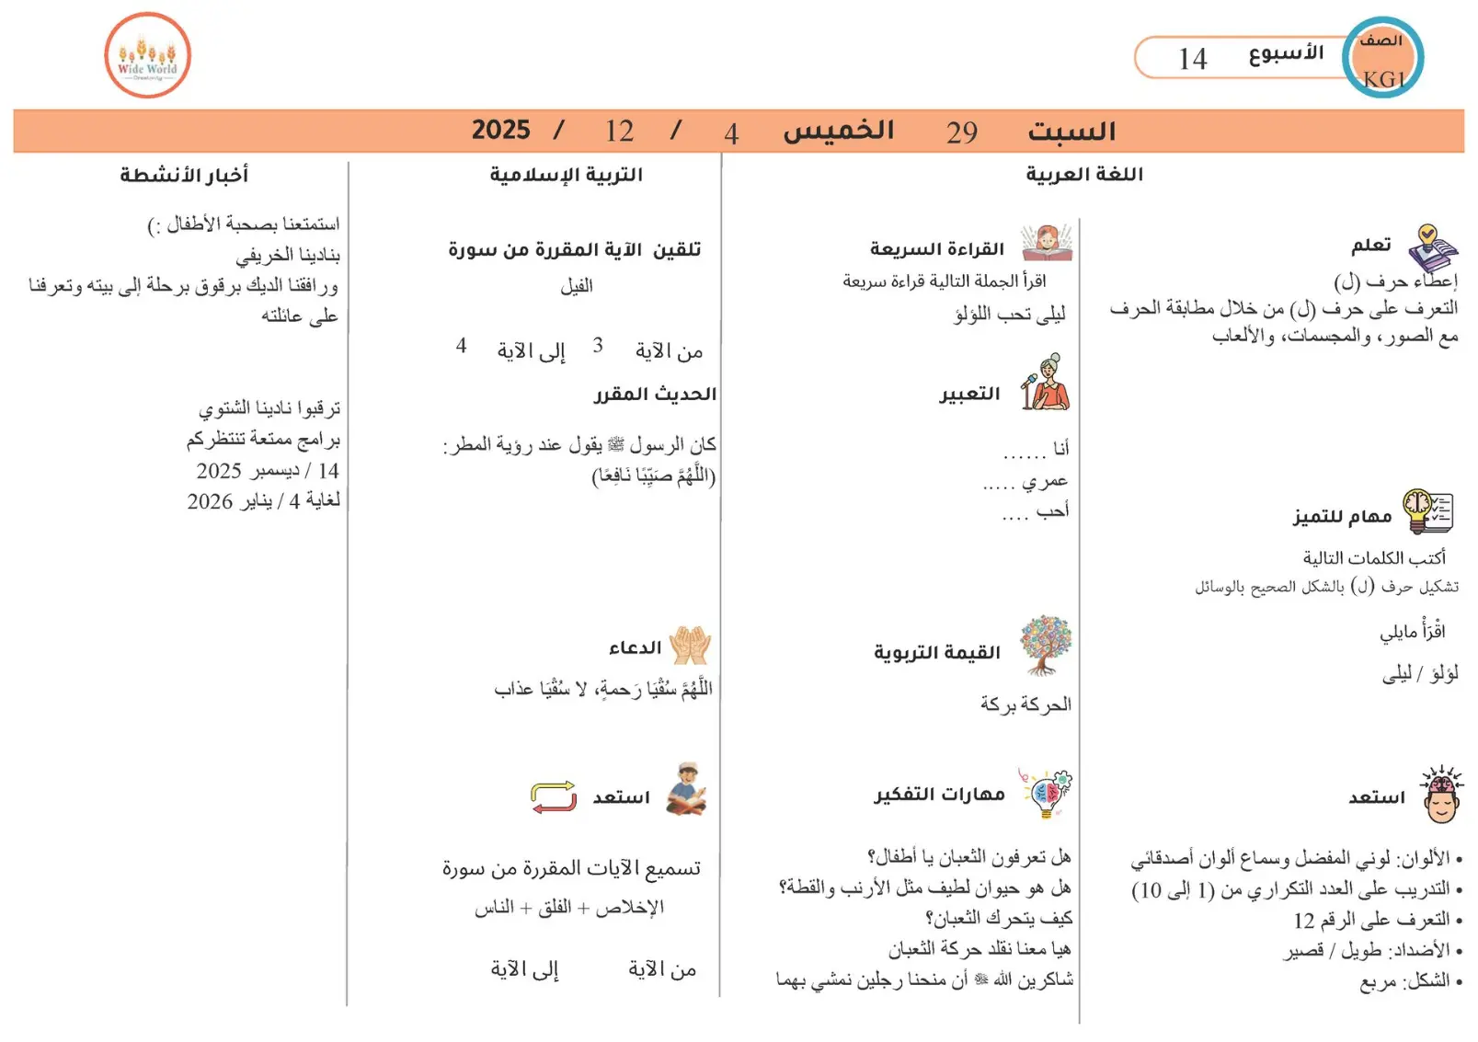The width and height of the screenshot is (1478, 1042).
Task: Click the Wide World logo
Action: coord(147,55)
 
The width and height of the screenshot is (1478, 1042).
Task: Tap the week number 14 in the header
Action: coord(1193,59)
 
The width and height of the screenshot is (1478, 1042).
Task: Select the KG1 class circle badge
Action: coord(1382,58)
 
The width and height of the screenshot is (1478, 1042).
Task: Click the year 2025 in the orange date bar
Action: coord(501,130)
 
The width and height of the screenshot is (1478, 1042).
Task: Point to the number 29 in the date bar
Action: coord(962,132)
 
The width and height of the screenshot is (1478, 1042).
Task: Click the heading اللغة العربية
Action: coord(1084,174)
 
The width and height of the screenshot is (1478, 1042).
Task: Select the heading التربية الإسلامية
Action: coord(566,174)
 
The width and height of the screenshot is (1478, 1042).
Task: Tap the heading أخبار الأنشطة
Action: coord(184,174)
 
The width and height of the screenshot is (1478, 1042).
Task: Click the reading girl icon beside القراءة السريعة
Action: coord(1046,244)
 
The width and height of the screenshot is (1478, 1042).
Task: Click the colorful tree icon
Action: coord(1046,645)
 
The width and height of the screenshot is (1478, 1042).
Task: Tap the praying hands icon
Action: coord(690,646)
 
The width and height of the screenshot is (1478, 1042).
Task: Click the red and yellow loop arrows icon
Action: coord(554,796)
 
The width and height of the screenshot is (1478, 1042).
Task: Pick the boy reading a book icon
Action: coord(687,789)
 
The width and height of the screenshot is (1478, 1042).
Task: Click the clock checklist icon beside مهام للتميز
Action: coord(1427,511)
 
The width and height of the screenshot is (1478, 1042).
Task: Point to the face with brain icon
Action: coord(1441,794)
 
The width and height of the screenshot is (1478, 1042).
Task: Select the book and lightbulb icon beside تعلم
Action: coord(1432,247)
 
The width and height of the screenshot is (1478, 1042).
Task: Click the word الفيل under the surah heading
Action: coord(577,286)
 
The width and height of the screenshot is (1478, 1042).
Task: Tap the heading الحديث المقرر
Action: coord(655,394)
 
